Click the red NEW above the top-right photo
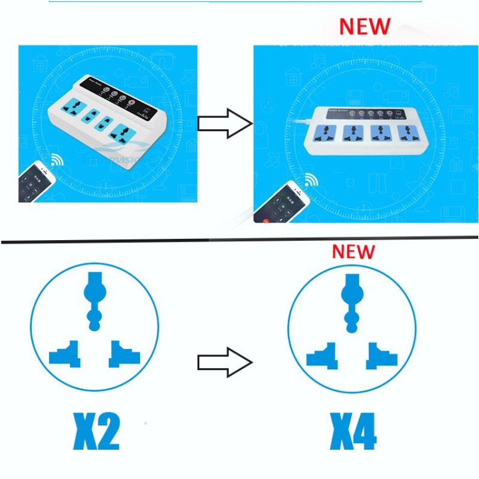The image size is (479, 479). click(364, 26)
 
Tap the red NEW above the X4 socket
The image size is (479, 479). click(353, 251)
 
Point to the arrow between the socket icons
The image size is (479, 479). click(225, 362)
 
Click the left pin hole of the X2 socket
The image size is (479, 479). click(66, 354)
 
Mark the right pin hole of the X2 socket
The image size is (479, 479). click(123, 354)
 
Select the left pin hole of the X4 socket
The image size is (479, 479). click(323, 354)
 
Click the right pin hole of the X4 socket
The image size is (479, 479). click(381, 354)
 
